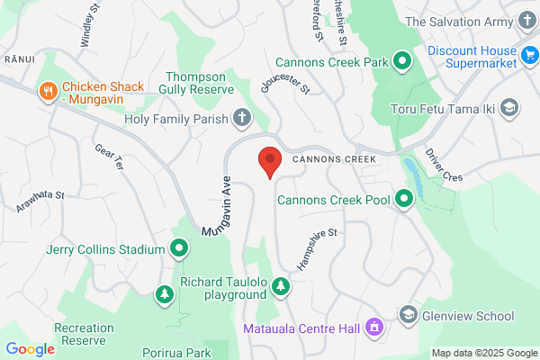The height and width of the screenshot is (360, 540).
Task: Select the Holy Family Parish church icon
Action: pos(241,116)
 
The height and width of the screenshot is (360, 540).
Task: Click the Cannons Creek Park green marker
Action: pos(403,62)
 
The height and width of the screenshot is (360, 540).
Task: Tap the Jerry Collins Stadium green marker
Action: pos(179,248)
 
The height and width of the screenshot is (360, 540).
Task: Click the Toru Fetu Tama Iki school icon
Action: pos(509,109)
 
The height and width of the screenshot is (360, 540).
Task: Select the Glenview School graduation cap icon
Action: pos(408,315)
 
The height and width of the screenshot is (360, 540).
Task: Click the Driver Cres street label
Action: pos(443,165)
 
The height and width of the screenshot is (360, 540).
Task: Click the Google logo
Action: pos(30,348)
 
